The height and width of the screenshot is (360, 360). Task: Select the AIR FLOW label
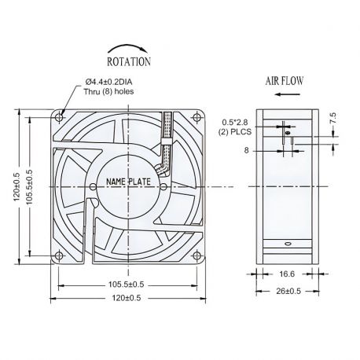coord(285,80)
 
